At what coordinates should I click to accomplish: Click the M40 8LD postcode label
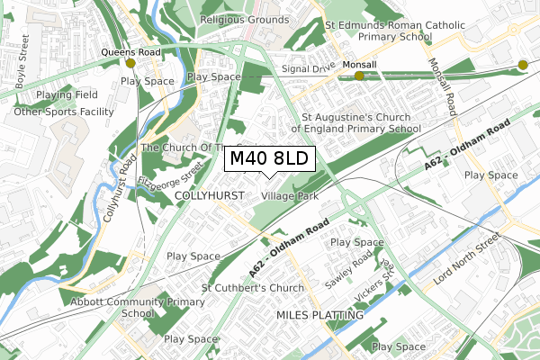269,159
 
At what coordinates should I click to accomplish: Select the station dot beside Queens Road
130,64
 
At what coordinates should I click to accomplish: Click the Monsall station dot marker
359,76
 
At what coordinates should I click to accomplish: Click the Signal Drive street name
308,67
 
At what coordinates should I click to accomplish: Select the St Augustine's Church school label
361,123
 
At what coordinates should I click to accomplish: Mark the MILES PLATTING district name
319,315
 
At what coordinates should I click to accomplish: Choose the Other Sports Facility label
65,112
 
